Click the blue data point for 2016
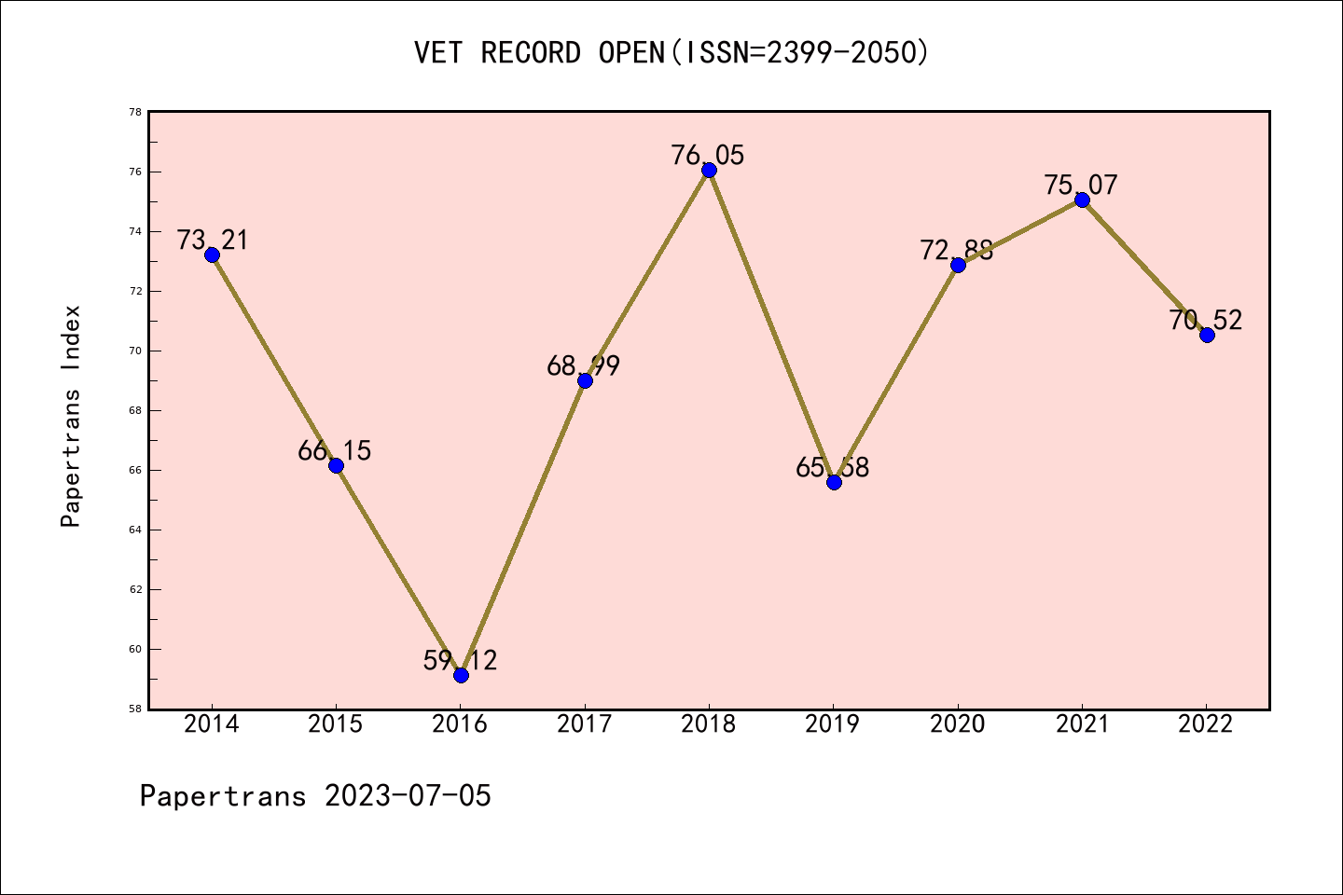(x=461, y=675)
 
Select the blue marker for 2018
(x=709, y=170)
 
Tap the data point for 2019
(x=834, y=482)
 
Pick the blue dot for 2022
(x=1207, y=335)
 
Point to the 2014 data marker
(x=212, y=255)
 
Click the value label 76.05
(x=708, y=156)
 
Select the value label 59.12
(x=460, y=661)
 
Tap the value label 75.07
(x=1081, y=186)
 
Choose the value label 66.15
(x=335, y=451)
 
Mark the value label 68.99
(x=584, y=366)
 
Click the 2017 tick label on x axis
(x=585, y=724)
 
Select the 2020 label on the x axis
(x=958, y=724)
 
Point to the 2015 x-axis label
(x=336, y=724)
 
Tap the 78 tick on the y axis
(x=136, y=112)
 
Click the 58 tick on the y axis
(x=136, y=709)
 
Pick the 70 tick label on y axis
(x=136, y=351)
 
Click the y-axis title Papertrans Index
(x=71, y=416)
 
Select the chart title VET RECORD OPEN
(x=541, y=53)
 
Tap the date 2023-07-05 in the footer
(x=408, y=796)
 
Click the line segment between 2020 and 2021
(x=1020, y=232)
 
